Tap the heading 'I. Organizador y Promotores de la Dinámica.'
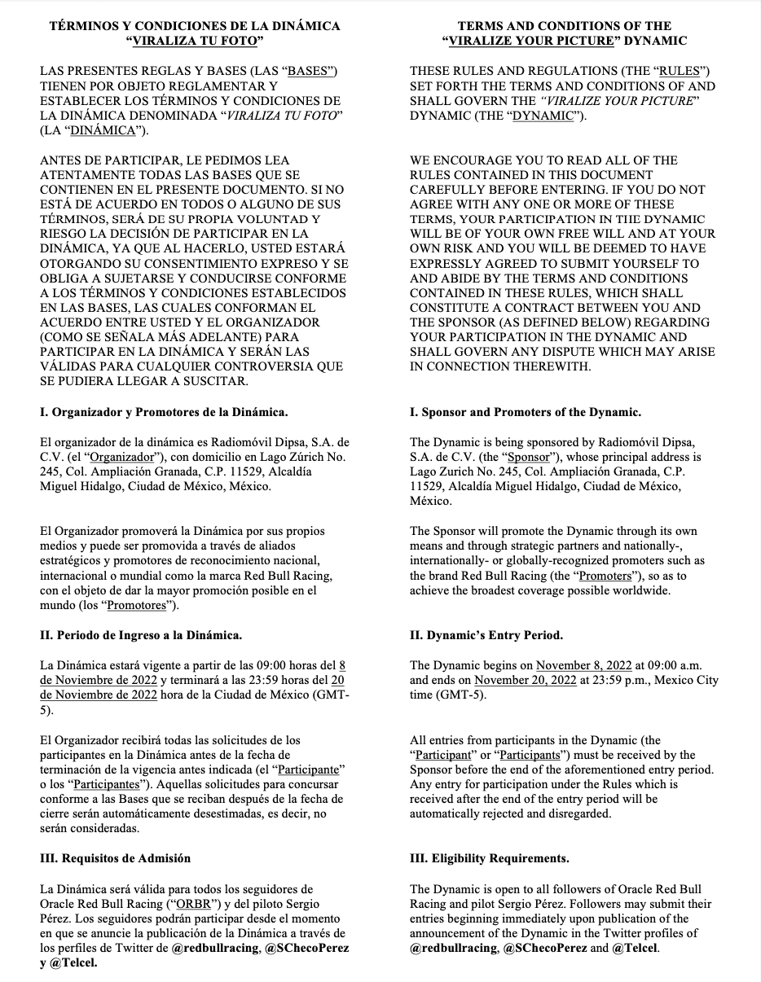click(164, 412)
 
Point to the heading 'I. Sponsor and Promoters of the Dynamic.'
click(526, 412)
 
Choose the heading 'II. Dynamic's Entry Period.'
click(486, 634)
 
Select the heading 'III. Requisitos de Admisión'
click(115, 857)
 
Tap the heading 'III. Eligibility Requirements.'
click(490, 857)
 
